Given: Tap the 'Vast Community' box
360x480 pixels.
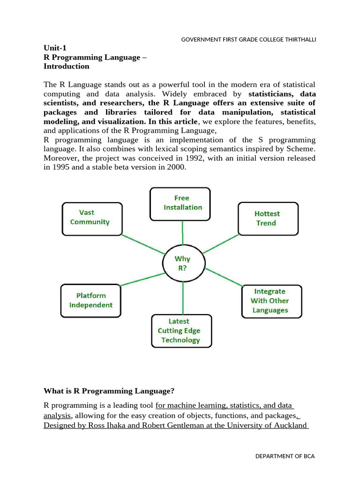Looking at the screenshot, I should [92, 218].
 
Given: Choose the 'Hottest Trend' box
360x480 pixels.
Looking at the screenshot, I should [268, 218].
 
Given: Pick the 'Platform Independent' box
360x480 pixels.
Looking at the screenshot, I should [91, 300].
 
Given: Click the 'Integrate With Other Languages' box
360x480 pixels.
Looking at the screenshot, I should [271, 301].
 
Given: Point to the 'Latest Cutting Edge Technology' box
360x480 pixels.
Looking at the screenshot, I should [181, 331].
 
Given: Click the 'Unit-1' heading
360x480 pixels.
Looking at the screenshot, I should [56, 47].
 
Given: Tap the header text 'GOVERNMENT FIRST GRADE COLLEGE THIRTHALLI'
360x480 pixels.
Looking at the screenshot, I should [248, 39].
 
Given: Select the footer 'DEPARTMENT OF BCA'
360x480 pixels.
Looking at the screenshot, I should [285, 456].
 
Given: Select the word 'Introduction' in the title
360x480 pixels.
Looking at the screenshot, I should [66, 66].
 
